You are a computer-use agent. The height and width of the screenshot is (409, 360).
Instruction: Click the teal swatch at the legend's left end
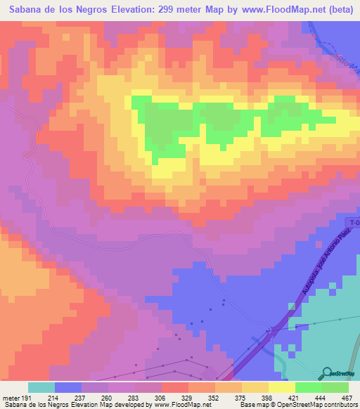(x=41, y=387)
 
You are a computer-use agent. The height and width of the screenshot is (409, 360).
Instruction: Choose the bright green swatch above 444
(x=309, y=387)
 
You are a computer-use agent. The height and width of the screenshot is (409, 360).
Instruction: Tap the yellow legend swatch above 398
(x=255, y=387)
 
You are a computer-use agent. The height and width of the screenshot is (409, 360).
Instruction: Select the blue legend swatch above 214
(x=68, y=387)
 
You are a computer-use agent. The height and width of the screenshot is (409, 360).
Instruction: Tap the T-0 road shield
(x=353, y=223)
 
